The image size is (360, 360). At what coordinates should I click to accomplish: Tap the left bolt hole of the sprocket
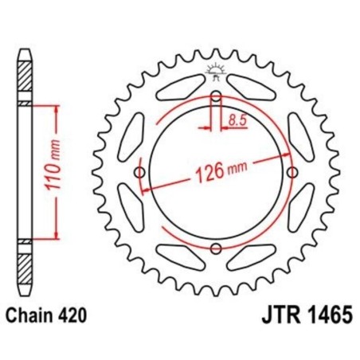141,173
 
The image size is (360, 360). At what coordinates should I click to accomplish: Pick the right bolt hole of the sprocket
291,173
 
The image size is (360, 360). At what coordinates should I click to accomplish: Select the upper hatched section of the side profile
26,80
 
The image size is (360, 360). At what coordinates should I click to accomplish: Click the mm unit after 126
237,167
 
